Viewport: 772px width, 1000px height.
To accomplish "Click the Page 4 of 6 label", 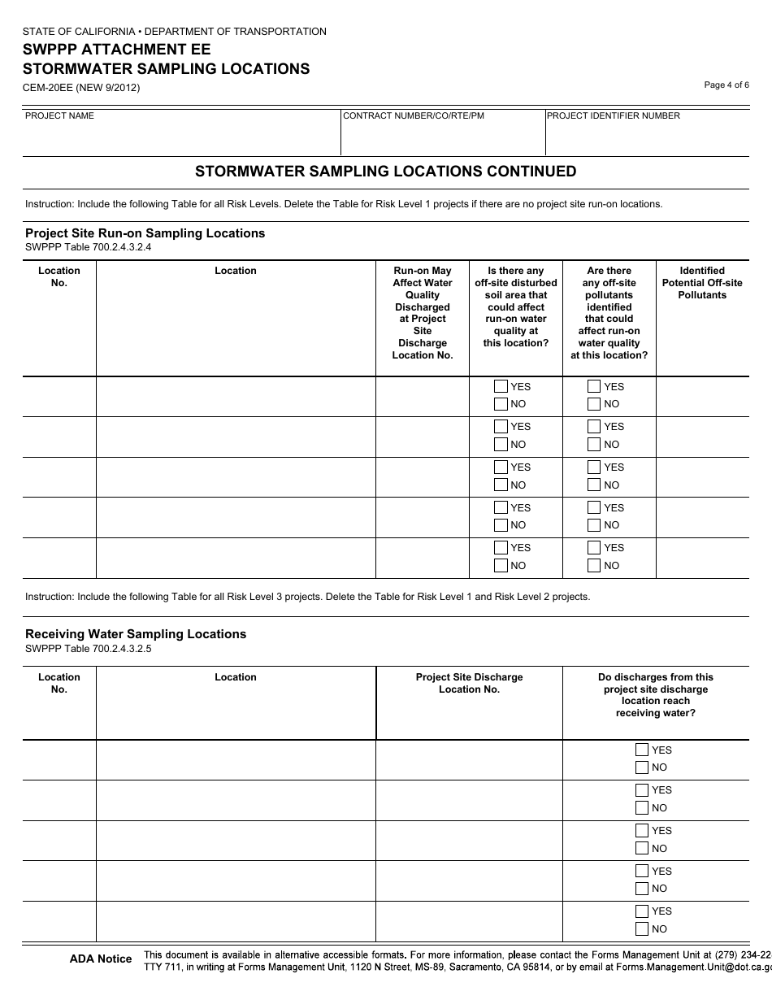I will point(726,85).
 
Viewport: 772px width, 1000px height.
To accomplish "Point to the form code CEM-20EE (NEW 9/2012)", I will point(81,88).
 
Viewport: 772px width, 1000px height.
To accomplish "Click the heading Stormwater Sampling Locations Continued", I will point(386,172).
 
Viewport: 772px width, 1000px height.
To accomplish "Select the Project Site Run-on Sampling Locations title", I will point(145,233).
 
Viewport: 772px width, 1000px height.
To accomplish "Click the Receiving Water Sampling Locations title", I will point(136,634).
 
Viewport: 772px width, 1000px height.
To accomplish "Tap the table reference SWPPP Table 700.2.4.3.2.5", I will point(89,649).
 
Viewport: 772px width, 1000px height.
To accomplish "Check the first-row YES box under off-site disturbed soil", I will point(501,387).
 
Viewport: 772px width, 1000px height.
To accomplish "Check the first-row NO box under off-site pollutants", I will point(594,404).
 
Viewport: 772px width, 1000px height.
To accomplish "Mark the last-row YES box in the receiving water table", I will point(642,911).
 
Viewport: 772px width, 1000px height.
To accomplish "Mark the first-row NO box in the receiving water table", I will point(642,767).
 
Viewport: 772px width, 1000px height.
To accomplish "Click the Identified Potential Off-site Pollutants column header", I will point(702,283).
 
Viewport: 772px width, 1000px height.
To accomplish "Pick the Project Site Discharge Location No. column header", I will point(469,683).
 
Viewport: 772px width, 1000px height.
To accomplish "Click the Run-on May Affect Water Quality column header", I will point(422,313).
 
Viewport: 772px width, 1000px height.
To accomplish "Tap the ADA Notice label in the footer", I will point(101,959).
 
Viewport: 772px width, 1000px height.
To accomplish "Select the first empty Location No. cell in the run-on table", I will point(59,396).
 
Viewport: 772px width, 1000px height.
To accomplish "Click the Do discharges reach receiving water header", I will point(655,695).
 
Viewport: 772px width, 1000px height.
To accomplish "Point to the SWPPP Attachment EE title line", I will point(116,50).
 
